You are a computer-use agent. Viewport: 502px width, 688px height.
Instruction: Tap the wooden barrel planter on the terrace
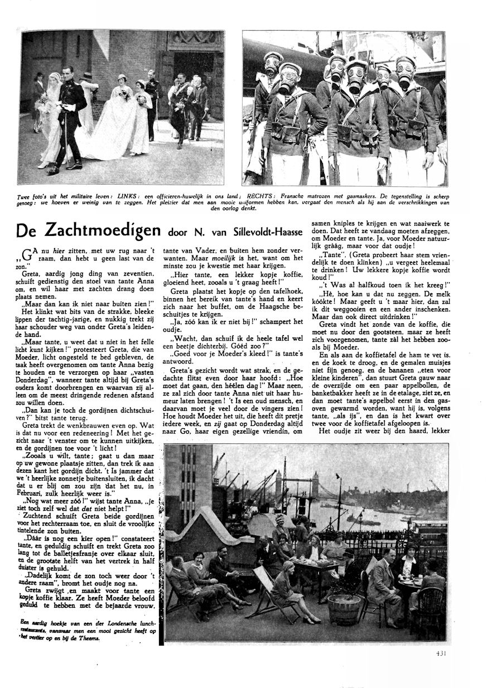point(344,609)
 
